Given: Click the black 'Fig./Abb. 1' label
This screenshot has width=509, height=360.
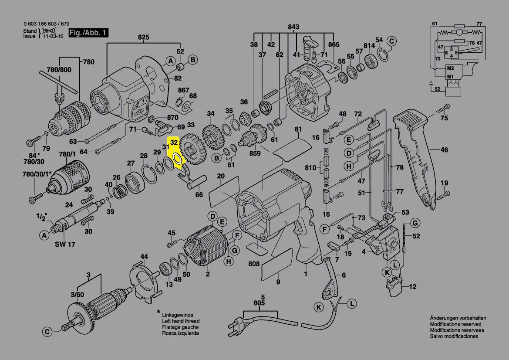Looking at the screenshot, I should coord(88,33).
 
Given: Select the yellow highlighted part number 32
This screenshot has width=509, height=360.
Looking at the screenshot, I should coord(174,142).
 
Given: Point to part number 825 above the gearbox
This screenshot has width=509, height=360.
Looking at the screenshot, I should coord(143,37).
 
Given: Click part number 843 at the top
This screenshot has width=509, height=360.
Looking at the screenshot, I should coord(293,27).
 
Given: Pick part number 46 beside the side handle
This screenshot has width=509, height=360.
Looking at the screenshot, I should coord(444,150).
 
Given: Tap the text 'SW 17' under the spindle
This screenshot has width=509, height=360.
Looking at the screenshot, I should coord(65,245).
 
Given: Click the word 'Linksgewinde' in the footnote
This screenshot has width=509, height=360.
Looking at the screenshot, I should coord(177,315).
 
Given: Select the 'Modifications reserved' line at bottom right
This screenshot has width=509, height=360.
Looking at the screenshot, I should coord(455,324).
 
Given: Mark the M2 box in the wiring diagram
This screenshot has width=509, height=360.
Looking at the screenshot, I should coord(450,69).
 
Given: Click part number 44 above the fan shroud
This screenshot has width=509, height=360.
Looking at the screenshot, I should coord(144,256).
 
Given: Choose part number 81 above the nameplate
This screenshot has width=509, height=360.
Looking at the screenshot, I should coord(298,129).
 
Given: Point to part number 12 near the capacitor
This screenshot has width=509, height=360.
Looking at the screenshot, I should coord(412,287).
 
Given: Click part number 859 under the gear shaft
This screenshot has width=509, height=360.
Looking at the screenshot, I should coord(255,153).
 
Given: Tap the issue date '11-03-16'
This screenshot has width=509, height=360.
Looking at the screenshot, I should coord(53,37).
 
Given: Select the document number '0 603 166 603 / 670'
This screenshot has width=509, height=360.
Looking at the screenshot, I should coord(46,24).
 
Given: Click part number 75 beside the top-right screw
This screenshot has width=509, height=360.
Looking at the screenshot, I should coord(444,118).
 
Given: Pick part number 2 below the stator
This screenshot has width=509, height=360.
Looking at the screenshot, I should coord(208,274).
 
